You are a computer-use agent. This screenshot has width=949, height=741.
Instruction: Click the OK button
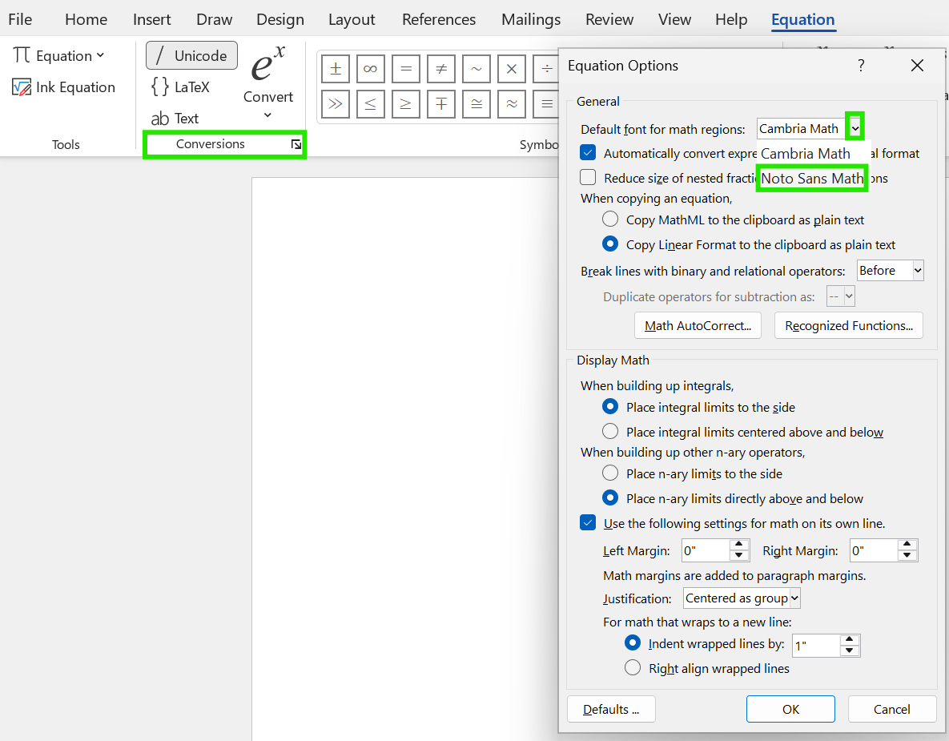(x=790, y=709)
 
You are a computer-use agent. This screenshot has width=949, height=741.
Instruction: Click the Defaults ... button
(x=611, y=709)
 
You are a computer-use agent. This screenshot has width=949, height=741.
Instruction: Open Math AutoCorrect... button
(x=698, y=325)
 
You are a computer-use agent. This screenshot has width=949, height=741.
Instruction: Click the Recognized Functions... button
(x=849, y=325)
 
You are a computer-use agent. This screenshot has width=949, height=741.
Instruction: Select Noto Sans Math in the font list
(x=812, y=178)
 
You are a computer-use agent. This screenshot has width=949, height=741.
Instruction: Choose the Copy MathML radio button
(x=610, y=219)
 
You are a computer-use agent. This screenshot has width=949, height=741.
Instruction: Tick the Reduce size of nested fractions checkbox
(x=589, y=178)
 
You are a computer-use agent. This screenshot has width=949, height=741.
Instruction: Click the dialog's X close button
(x=917, y=66)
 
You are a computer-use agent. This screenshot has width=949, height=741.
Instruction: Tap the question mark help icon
(x=861, y=66)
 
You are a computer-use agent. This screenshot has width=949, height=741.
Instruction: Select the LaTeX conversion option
(x=181, y=87)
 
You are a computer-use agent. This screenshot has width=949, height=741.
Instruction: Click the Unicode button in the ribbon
(x=191, y=55)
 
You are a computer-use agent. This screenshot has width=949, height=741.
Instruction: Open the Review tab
(x=609, y=19)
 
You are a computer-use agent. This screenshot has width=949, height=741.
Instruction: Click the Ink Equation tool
(x=64, y=87)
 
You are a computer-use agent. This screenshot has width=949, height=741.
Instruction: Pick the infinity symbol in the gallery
(x=370, y=69)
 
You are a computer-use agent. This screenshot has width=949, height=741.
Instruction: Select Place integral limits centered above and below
(x=610, y=432)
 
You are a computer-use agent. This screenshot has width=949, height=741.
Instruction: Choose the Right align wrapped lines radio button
(x=633, y=668)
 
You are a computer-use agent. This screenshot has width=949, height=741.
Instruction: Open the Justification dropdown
(x=742, y=598)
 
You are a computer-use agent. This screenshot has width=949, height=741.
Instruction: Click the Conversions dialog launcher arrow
(x=296, y=145)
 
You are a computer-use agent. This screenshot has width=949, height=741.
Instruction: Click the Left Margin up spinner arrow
(x=739, y=545)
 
